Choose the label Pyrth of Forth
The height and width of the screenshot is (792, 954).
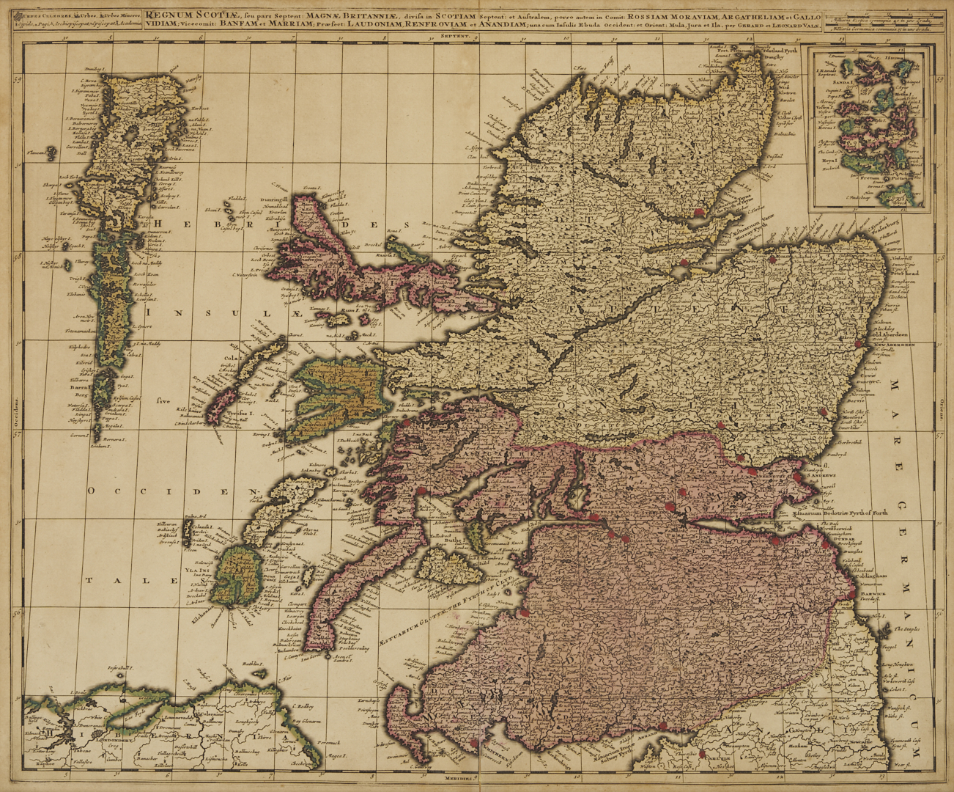[x=863, y=513]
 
